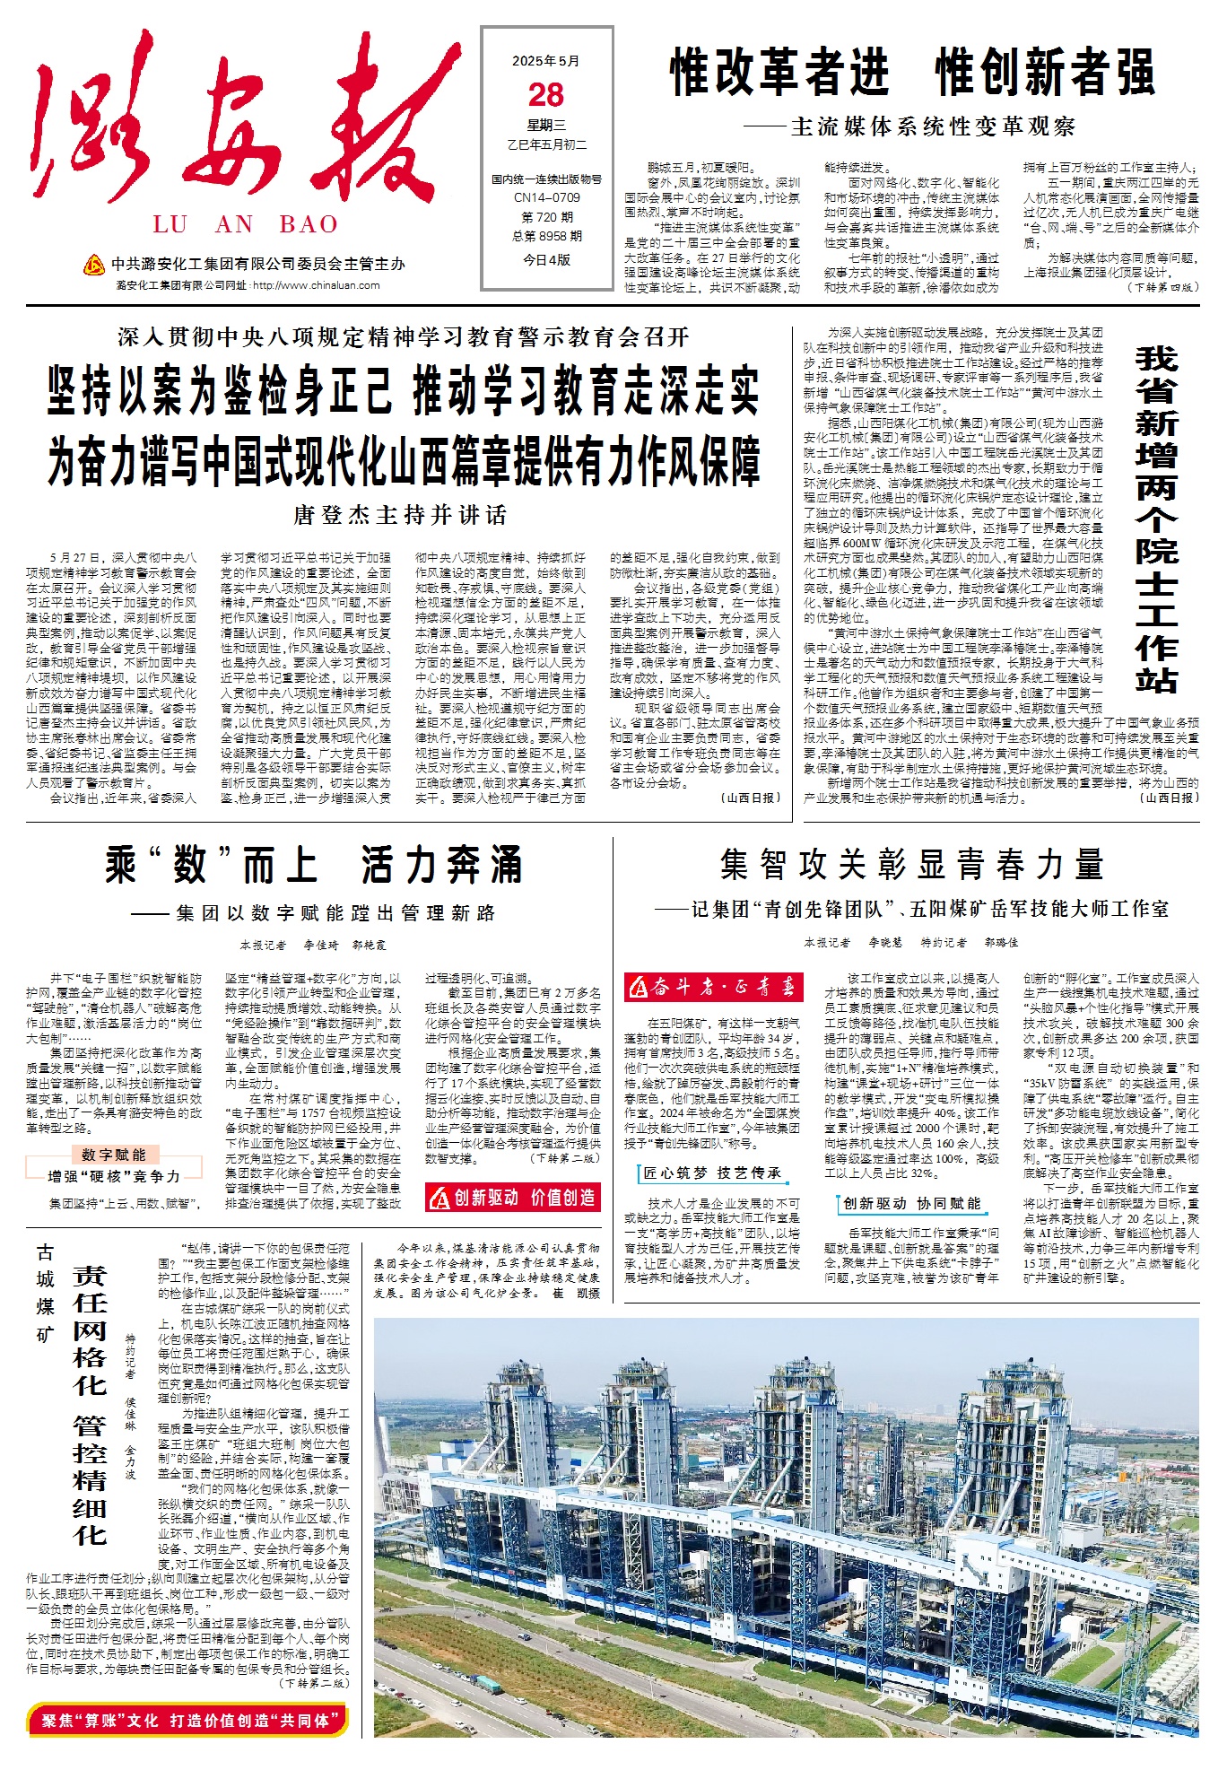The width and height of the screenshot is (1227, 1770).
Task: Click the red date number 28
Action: coord(546,95)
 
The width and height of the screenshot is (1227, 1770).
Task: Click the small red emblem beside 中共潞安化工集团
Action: coord(93,265)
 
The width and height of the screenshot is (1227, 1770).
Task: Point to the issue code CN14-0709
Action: coord(546,197)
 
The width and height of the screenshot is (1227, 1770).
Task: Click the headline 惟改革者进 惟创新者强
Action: coord(912,73)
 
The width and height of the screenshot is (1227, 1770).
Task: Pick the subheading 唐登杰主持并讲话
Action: coord(400,515)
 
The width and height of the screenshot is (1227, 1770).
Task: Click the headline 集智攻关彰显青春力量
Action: coord(911,865)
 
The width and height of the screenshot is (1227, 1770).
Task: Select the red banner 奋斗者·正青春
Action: coord(712,988)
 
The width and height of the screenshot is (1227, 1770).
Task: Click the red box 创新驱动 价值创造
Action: coord(512,1198)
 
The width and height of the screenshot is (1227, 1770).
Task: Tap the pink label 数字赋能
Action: coord(113,1155)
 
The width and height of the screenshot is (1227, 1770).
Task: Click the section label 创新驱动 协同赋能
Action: coord(911,1203)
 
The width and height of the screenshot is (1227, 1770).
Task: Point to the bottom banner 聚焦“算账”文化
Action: coord(187,1720)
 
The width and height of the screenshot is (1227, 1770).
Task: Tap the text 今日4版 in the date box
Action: coord(546,260)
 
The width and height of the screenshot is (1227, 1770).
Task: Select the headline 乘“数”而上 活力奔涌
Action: coord(313,865)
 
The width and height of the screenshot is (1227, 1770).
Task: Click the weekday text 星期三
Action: coord(546,126)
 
